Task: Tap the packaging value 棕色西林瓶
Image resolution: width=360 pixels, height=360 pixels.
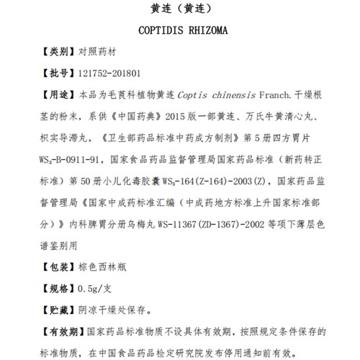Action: point(104,266)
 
